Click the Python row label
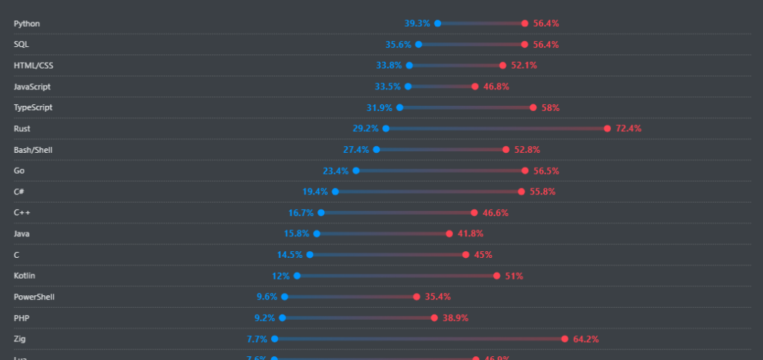[x=27, y=23]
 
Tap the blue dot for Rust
[x=386, y=128]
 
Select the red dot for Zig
[x=565, y=339]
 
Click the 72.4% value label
[x=628, y=128]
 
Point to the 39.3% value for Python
[x=417, y=23]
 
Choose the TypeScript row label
[x=33, y=107]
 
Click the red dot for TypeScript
[x=533, y=107]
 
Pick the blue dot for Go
[x=356, y=171]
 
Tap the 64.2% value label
[x=586, y=339]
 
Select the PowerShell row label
[x=34, y=297]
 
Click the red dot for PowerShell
[x=417, y=297]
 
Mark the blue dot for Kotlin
[x=297, y=276]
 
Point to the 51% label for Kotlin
[x=514, y=276]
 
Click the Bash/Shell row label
[x=33, y=150]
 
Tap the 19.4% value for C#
[x=315, y=192]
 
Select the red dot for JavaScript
[x=475, y=86]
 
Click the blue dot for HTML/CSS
[x=409, y=66]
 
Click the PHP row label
[x=22, y=318]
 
